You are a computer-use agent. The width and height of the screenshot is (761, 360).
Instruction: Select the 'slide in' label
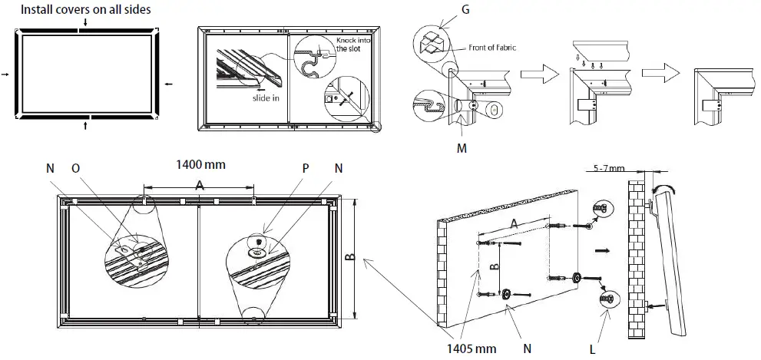point(265,98)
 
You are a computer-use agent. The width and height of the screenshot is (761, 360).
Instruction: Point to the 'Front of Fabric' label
point(491,48)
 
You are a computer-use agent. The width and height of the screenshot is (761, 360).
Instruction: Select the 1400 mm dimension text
point(201,164)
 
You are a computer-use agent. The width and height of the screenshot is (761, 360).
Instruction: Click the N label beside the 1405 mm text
point(528,348)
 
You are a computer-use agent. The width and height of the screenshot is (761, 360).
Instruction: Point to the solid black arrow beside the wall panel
point(604,250)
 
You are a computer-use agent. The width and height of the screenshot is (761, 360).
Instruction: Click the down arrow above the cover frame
point(84,22)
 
